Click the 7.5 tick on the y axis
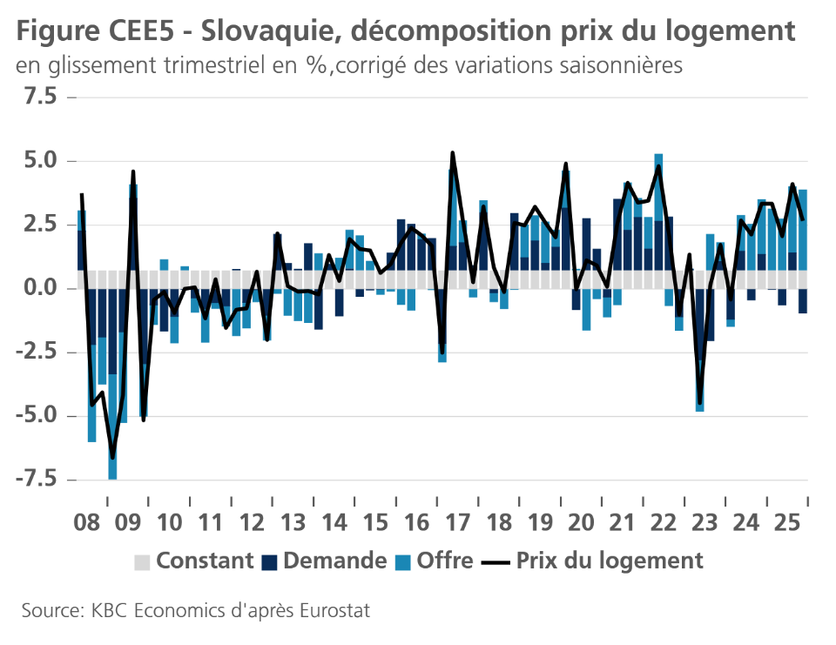click(38, 97)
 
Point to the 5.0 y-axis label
click(38, 161)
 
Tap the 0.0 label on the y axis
click(38, 288)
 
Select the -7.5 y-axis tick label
click(34, 480)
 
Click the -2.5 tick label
click(34, 353)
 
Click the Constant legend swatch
click(142, 561)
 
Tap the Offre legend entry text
click(445, 561)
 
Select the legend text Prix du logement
click(610, 561)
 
